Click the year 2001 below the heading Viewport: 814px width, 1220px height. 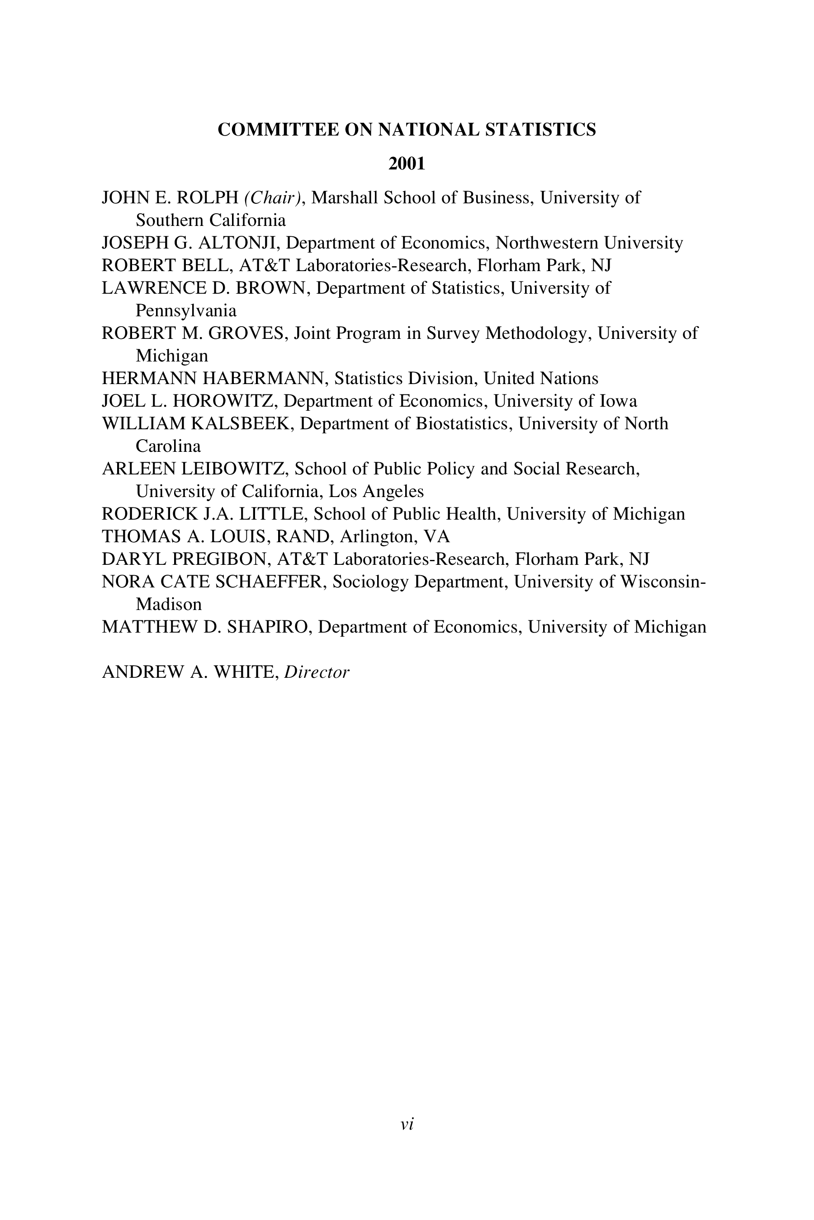[x=407, y=164]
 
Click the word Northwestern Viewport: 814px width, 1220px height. [x=547, y=243]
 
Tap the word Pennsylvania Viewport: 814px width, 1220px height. [x=186, y=311]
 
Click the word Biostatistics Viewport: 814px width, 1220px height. [x=461, y=424]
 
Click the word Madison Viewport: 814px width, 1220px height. [x=169, y=604]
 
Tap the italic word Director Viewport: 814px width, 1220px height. [x=317, y=672]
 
